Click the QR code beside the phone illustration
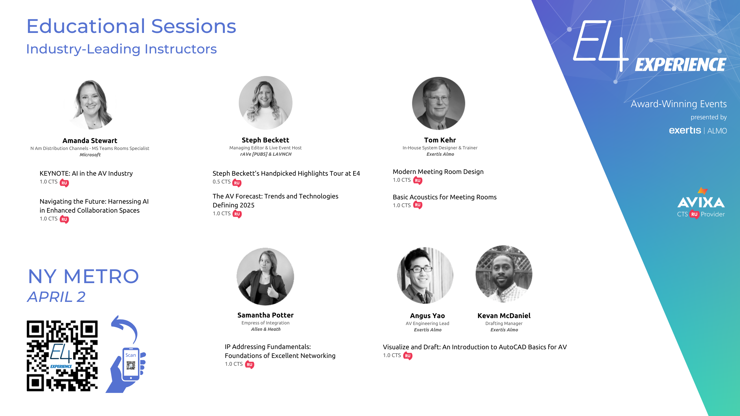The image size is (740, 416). point(62,356)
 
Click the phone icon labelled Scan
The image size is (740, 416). point(131,365)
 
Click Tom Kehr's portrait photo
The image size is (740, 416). point(439,103)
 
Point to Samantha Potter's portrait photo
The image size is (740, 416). point(265,276)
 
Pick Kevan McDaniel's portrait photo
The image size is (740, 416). point(504,274)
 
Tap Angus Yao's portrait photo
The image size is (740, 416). point(425,275)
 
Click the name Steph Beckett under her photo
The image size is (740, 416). point(265,140)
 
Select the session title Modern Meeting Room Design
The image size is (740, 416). point(438,172)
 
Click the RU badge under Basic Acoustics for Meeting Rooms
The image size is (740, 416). point(418,205)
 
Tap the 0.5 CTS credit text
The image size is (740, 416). point(222,182)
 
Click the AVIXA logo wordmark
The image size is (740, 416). point(701,202)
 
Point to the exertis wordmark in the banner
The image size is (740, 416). point(685,130)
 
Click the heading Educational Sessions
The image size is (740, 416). point(132,26)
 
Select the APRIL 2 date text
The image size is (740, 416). point(56,297)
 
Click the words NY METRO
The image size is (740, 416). point(84,276)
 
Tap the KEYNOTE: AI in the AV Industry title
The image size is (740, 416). point(86,173)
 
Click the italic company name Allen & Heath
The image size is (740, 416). point(266,329)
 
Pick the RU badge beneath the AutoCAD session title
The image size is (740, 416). point(408,356)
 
